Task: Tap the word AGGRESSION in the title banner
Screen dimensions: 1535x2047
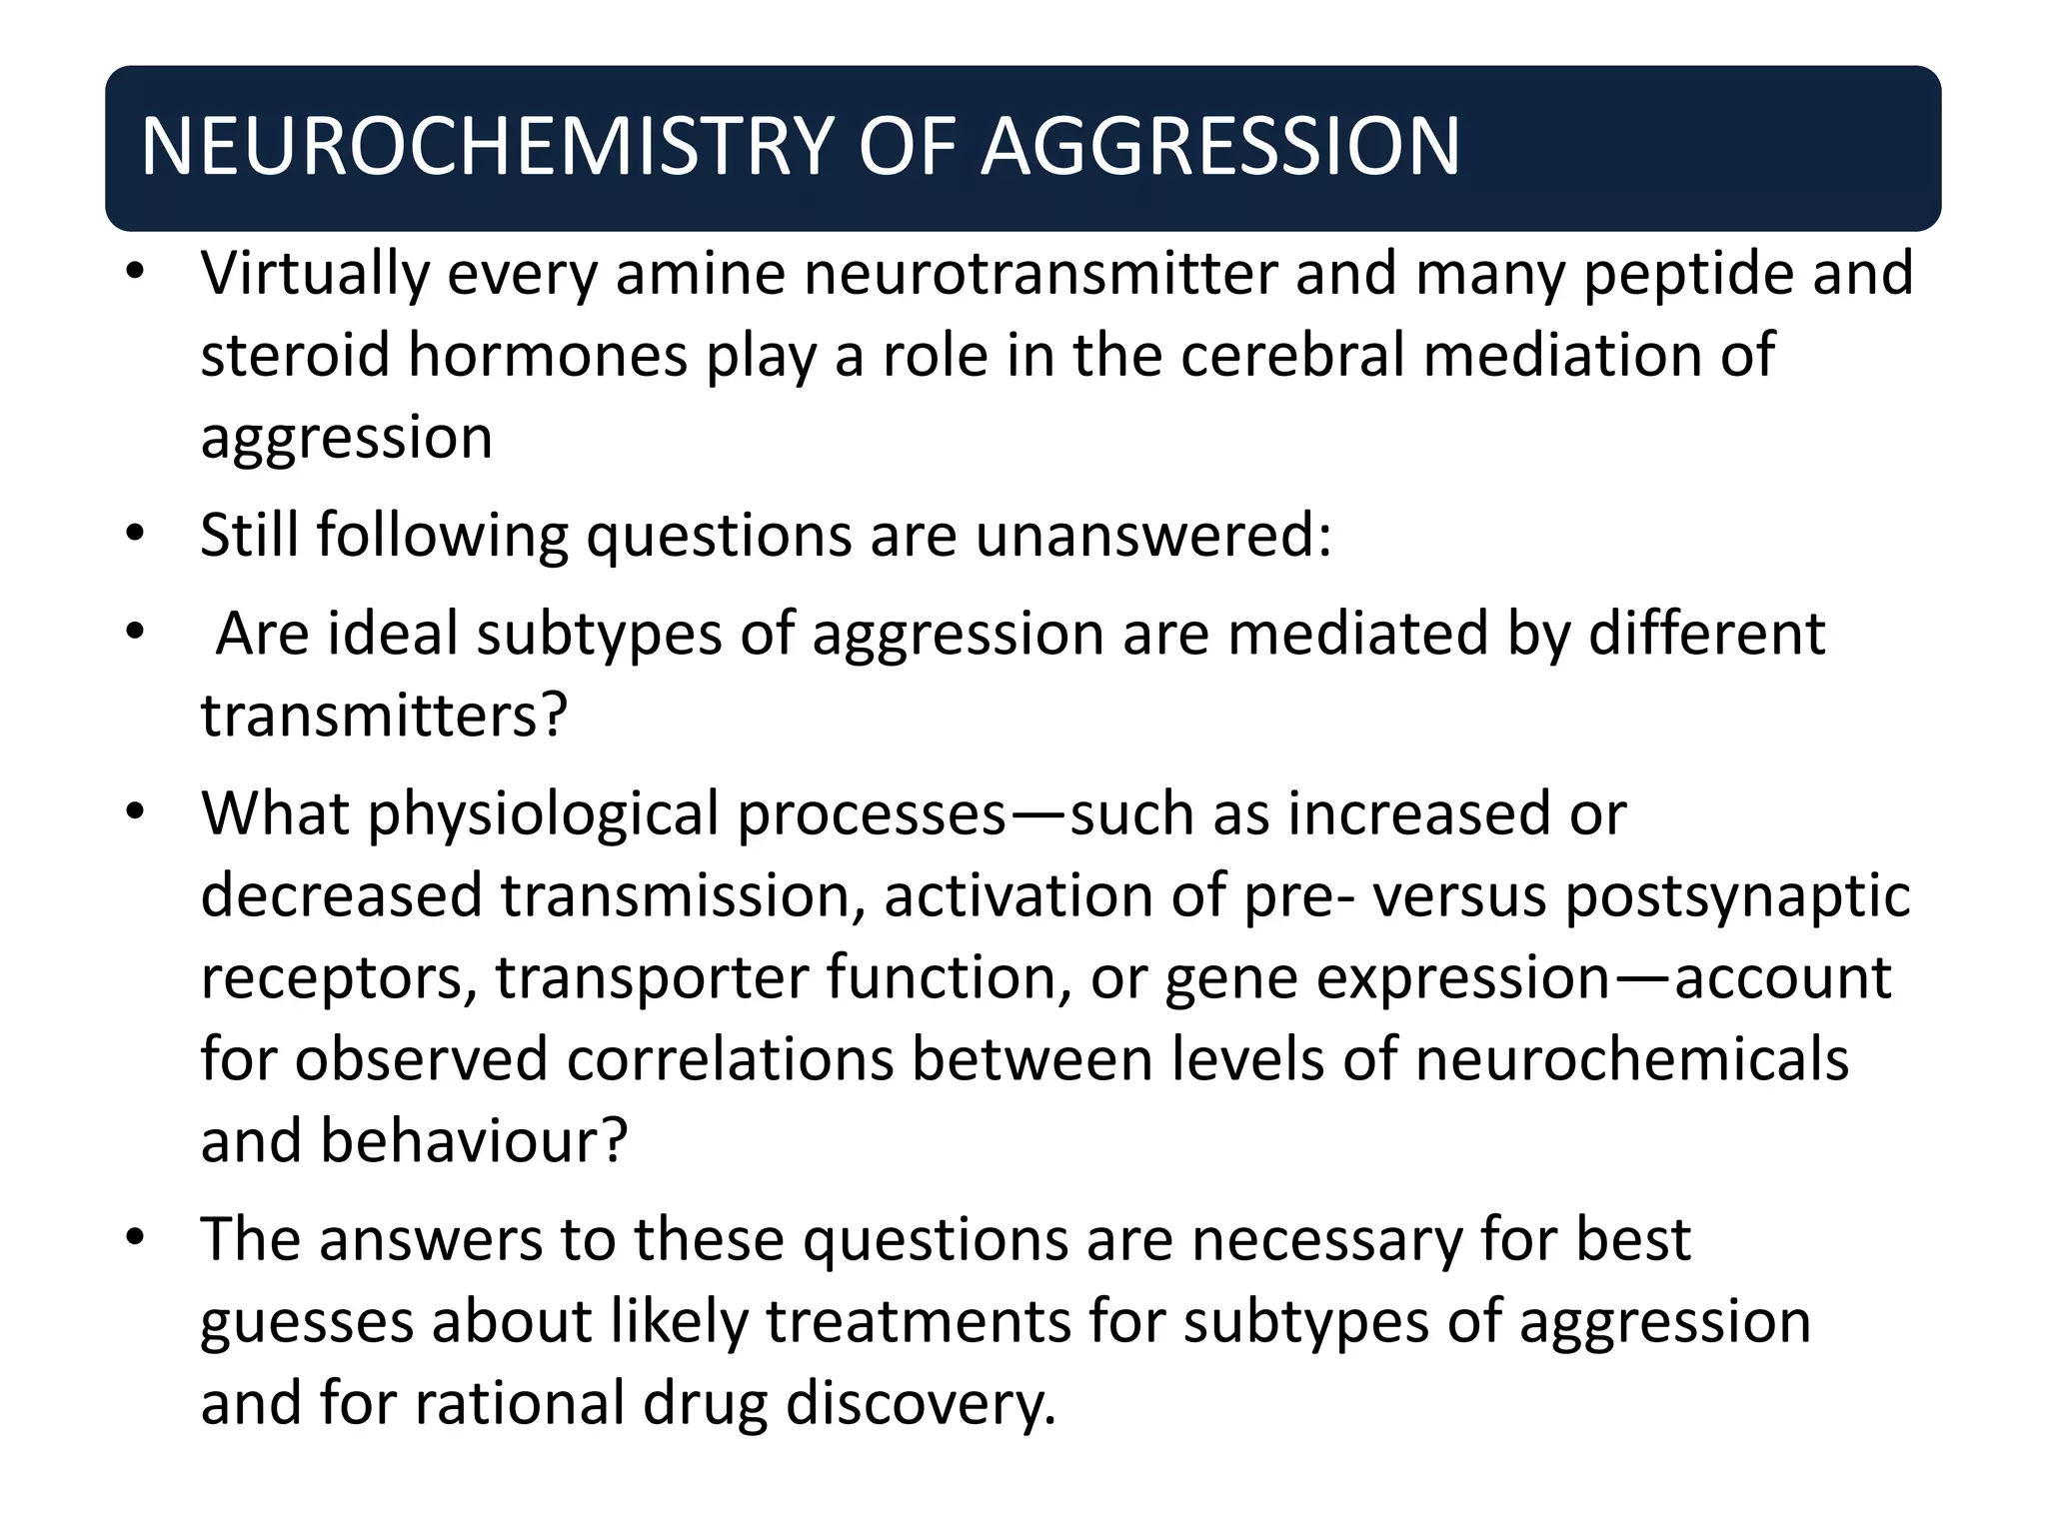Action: (x=1220, y=147)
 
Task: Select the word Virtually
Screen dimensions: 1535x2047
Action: (x=315, y=274)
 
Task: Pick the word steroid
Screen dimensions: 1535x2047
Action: (x=296, y=356)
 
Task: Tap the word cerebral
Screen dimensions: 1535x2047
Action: (x=1292, y=356)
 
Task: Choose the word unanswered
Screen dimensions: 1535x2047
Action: (x=1152, y=536)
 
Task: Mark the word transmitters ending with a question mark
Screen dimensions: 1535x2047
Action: (x=384, y=716)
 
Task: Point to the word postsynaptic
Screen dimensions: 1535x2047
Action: (x=1737, y=895)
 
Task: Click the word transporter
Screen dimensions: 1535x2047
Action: (x=651, y=977)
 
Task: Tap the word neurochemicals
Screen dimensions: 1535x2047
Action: (x=1631, y=1059)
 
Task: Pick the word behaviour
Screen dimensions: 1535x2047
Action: (x=474, y=1141)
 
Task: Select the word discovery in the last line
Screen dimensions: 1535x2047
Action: (x=921, y=1404)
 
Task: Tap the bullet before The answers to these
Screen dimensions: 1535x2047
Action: (x=136, y=1239)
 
